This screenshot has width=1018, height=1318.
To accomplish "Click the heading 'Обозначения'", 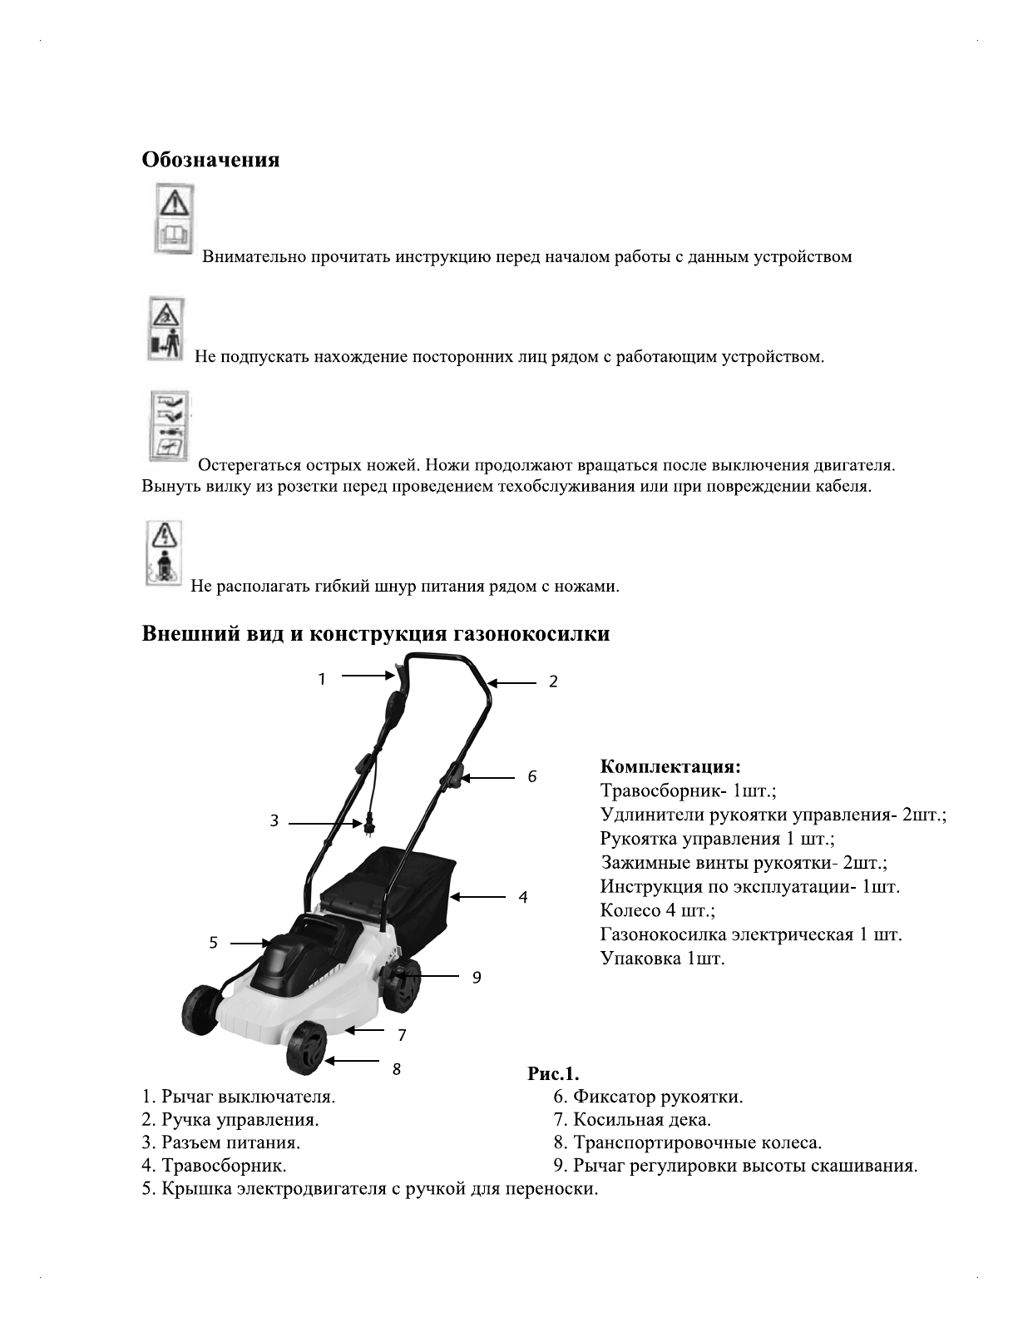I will click(x=210, y=160).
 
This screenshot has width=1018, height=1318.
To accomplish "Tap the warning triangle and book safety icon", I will click(x=174, y=219).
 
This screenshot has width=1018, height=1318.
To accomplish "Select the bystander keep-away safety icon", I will click(x=166, y=329).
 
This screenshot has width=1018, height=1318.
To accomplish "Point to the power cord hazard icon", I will click(x=163, y=552).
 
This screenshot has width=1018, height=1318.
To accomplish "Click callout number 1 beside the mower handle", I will click(x=322, y=679).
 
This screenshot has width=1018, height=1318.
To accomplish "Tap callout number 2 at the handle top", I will click(x=553, y=681).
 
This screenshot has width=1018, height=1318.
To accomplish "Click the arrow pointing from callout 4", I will click(x=479, y=897).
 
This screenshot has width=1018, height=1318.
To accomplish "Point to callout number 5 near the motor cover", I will click(x=214, y=943).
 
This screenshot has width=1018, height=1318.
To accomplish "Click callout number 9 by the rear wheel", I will click(x=477, y=978).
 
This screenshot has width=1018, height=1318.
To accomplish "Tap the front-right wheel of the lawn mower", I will click(x=306, y=1048).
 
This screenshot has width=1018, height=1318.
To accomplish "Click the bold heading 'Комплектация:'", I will click(x=670, y=766).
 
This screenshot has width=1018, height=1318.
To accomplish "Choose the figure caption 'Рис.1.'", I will click(x=553, y=1073).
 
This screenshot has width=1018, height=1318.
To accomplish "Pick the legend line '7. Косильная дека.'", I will click(x=632, y=1120).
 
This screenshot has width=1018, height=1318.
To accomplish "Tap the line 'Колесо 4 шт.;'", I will click(x=657, y=910).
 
